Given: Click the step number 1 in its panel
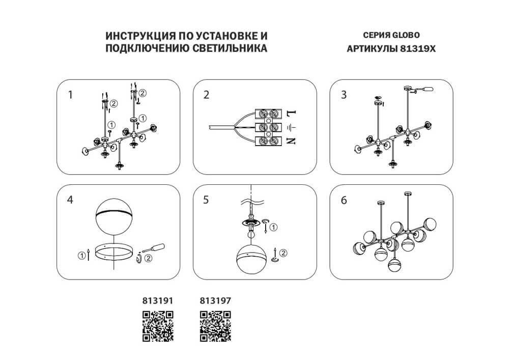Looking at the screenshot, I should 71,94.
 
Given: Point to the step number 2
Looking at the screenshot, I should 206,94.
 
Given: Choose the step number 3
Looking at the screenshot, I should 344,94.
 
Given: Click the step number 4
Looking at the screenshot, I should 71,200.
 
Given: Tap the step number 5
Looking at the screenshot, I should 206,200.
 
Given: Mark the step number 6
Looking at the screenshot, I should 344,200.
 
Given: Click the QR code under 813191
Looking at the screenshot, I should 158,326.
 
